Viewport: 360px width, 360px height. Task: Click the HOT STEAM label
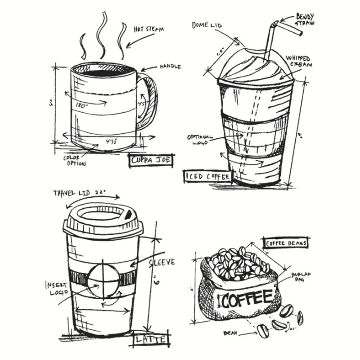click(x=148, y=30)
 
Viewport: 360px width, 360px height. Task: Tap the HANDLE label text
click(x=170, y=67)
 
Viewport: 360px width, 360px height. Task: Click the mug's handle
click(x=149, y=100)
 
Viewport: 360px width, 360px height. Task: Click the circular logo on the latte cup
click(x=103, y=278)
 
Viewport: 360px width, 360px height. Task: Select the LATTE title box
click(x=151, y=338)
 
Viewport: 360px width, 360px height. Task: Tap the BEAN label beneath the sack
click(x=230, y=333)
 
